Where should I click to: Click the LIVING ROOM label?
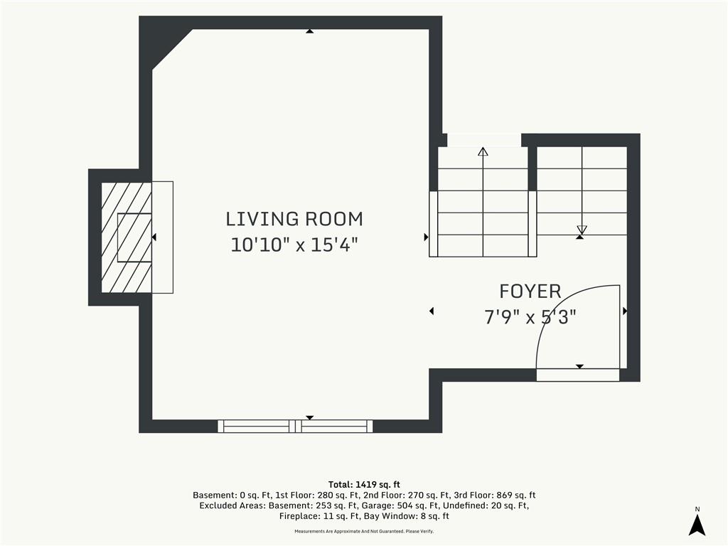point(294,219)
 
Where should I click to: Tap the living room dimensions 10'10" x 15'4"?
point(294,245)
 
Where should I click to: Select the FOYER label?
point(530,291)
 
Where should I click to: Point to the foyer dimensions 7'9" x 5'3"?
point(530,317)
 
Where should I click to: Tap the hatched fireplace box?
point(127,237)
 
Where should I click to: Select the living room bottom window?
point(295,426)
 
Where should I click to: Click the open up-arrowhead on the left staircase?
point(483,151)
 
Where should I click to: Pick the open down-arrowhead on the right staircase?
point(582,230)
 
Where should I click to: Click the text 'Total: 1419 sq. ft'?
point(364,485)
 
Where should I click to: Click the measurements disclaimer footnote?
point(364,531)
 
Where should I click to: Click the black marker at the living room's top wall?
point(310,31)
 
